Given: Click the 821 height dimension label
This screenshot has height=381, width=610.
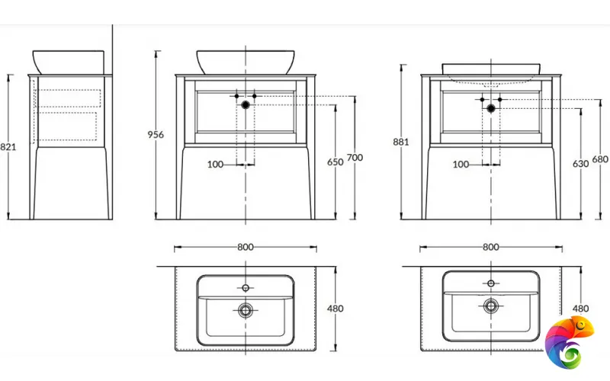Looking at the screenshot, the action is click(x=8, y=147).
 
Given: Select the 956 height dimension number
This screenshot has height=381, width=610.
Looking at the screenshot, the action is click(x=156, y=135).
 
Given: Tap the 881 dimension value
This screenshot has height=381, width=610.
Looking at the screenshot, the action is click(x=401, y=142).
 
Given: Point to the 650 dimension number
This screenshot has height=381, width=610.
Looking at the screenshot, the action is click(x=335, y=162).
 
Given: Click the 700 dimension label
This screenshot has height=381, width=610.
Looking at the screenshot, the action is click(x=355, y=158).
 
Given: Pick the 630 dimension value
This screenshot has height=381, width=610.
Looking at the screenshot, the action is click(x=580, y=164).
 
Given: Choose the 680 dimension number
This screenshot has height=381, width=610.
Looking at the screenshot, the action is click(x=600, y=159).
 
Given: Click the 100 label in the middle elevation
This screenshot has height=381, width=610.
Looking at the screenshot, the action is click(x=215, y=165).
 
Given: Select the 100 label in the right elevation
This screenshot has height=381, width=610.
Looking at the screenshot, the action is click(x=461, y=165).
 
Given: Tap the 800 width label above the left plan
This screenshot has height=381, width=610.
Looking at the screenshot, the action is click(x=246, y=247).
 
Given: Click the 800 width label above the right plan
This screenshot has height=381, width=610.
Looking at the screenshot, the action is click(x=490, y=247).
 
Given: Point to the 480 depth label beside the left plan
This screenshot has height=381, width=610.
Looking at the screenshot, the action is click(x=335, y=309).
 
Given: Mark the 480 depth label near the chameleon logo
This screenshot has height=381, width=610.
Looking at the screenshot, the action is click(x=580, y=309).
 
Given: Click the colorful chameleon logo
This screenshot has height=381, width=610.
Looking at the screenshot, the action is click(x=568, y=342).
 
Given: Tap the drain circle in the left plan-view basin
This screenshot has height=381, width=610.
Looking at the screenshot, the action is click(x=246, y=310).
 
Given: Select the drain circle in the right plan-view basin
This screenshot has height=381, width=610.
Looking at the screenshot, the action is click(x=491, y=306).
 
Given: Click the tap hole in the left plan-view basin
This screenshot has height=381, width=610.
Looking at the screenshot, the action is click(x=246, y=288).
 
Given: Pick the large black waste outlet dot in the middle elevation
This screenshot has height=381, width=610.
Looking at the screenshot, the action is click(x=246, y=104).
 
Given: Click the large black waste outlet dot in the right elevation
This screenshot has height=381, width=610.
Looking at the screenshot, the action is click(x=491, y=108).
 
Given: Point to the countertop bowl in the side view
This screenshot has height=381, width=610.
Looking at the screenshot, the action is click(x=69, y=62).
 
